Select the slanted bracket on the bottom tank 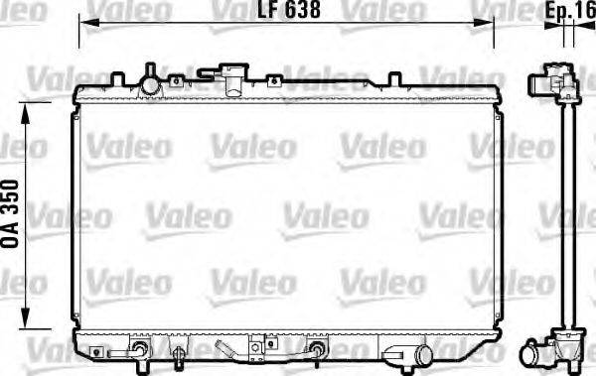(233, 351)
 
